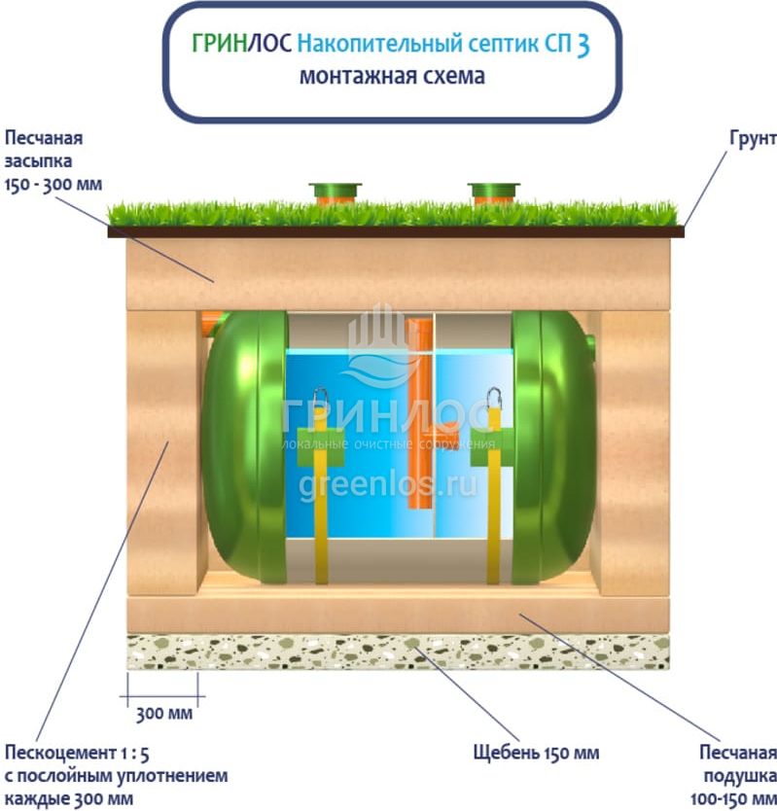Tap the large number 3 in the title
coord(582,45)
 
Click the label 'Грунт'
coord(752,139)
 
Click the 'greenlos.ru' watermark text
coord(389,483)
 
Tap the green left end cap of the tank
coord(238,447)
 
